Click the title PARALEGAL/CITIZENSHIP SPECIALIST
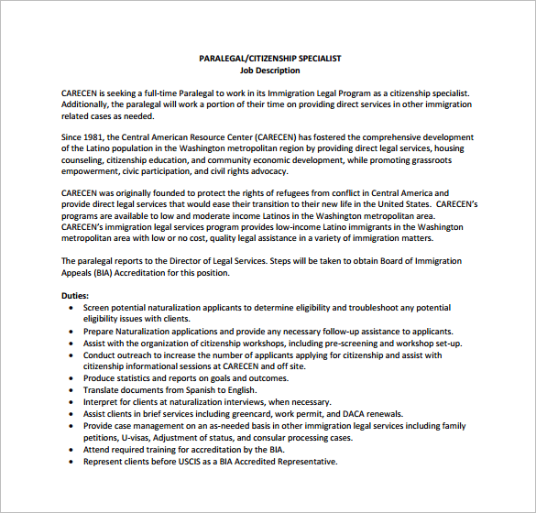click(269, 58)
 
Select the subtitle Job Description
click(269, 70)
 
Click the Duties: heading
click(75, 296)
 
